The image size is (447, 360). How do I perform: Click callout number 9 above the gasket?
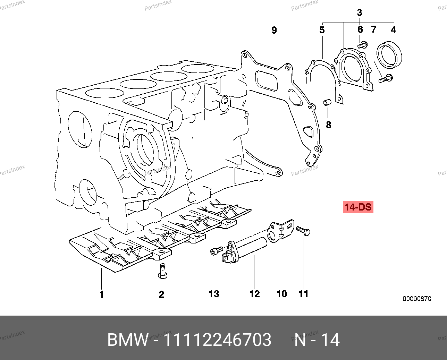pos(274,30)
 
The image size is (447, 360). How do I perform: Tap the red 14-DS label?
pos(358,207)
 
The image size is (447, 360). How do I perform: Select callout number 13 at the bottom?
pos(214,294)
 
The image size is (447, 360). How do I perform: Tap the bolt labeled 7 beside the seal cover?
pos(385,79)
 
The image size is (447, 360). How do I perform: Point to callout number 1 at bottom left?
pos(101,295)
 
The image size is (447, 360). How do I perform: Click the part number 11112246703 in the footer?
pos(217,340)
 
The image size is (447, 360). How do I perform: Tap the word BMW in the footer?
pos(128,340)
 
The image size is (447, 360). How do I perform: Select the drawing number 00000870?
pos(417,299)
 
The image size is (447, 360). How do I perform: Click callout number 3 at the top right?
pos(360,13)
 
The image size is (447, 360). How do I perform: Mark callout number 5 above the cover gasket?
pos(322,30)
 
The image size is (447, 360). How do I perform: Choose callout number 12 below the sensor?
pos(254,294)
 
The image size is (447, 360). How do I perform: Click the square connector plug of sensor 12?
pos(225,257)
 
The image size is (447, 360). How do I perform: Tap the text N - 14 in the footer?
pos(317,340)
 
